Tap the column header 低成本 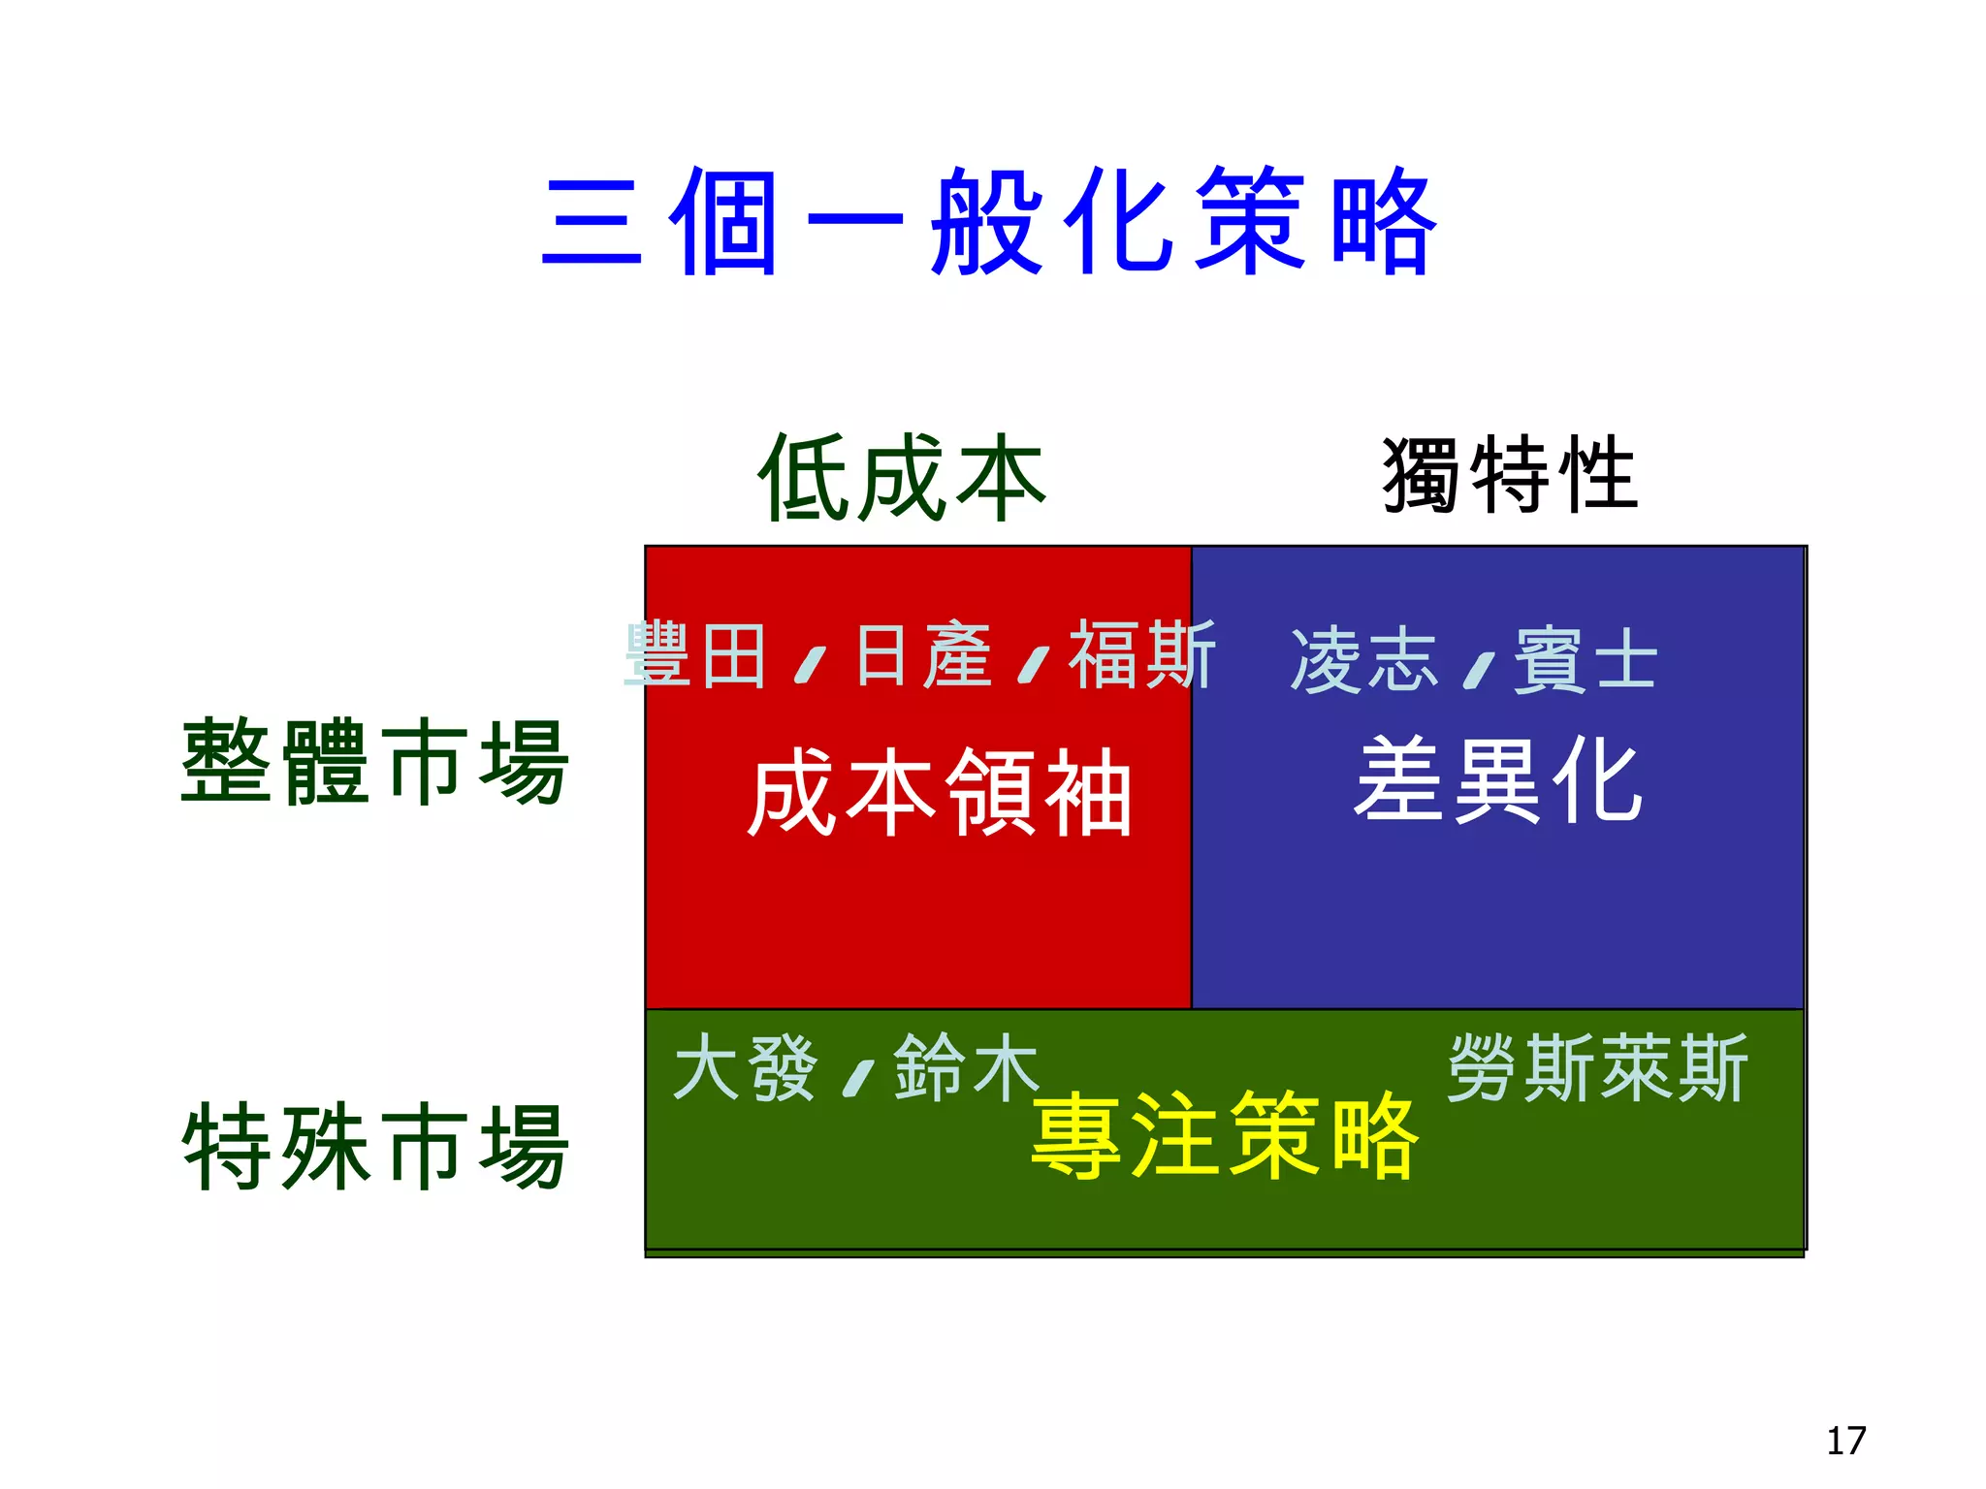pyautogui.click(x=902, y=478)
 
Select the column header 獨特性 pyautogui.click(x=1510, y=475)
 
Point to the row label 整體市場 pyautogui.click(x=374, y=762)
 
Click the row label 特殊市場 pyautogui.click(x=374, y=1147)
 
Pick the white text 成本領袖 pyautogui.click(x=939, y=793)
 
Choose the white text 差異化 pyautogui.click(x=1498, y=780)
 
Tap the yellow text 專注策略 pyautogui.click(x=1225, y=1134)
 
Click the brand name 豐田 pyautogui.click(x=696, y=656)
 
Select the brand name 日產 pyautogui.click(x=923, y=656)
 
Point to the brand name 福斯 pyautogui.click(x=1141, y=656)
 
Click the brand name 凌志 pyautogui.click(x=1363, y=661)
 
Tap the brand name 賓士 pyautogui.click(x=1586, y=661)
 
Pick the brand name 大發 pyautogui.click(x=745, y=1068)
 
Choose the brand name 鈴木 pyautogui.click(x=966, y=1068)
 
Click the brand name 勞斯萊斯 pyautogui.click(x=1597, y=1068)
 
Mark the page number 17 pyautogui.click(x=1845, y=1441)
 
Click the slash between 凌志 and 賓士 pyautogui.click(x=1478, y=670)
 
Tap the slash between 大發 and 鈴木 pyautogui.click(x=858, y=1078)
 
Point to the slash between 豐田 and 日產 pyautogui.click(x=810, y=665)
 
